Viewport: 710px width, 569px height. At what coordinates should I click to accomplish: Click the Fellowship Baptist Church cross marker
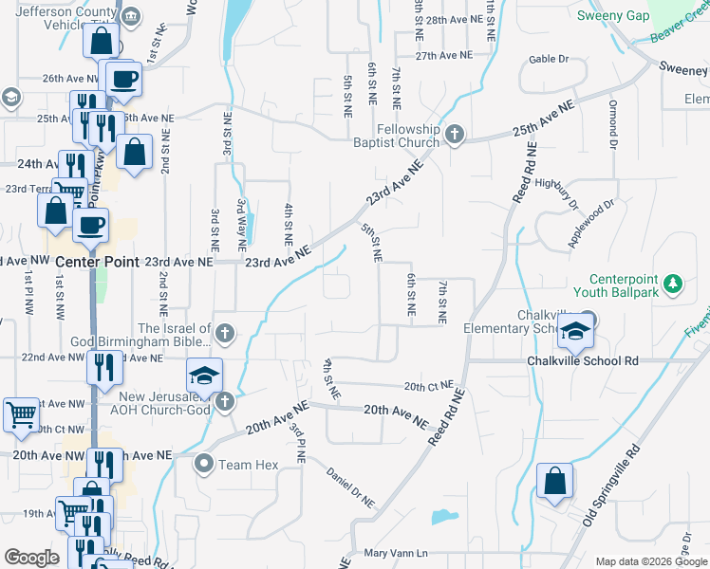tap(454, 134)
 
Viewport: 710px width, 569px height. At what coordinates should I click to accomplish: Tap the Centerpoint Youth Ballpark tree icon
tap(673, 283)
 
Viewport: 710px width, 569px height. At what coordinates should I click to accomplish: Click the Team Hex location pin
tap(203, 465)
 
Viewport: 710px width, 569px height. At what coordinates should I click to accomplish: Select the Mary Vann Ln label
tap(397, 553)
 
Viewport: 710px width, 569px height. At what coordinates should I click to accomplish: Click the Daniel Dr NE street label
tap(350, 486)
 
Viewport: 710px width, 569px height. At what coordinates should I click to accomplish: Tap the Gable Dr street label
tap(549, 59)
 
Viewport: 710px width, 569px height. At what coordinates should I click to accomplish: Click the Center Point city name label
tap(97, 261)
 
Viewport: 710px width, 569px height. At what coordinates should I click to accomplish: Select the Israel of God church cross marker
tap(224, 332)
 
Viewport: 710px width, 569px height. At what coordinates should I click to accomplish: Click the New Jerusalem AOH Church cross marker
tap(224, 402)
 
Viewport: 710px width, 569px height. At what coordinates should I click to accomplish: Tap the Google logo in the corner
tap(31, 558)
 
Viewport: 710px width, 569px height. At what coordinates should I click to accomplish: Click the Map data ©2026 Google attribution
tap(650, 561)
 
